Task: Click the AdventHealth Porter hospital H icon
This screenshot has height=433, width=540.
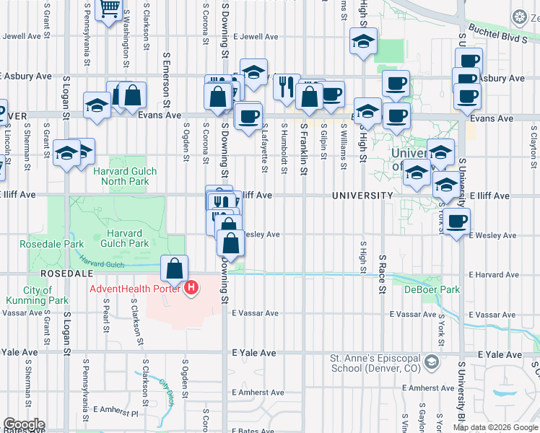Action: tap(191, 289)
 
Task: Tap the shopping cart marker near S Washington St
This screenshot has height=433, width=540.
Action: tap(110, 9)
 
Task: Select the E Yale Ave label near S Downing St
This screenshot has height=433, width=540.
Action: tap(254, 353)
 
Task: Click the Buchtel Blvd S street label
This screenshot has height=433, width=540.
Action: tap(497, 32)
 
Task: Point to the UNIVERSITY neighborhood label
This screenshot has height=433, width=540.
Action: tap(362, 196)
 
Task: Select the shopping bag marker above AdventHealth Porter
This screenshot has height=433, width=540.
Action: tap(175, 271)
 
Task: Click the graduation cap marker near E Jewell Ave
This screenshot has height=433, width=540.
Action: tap(363, 42)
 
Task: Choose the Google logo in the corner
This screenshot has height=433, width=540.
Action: tap(24, 424)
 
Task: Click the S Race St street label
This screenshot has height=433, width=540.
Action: tap(382, 274)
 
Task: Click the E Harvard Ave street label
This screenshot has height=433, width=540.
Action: tap(493, 275)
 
